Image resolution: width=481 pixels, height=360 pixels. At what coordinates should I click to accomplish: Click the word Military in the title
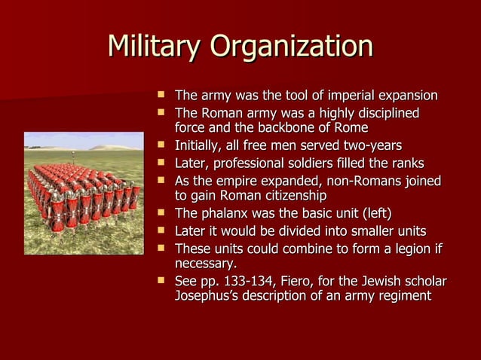[154, 47]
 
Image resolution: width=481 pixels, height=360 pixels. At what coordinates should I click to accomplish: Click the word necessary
[205, 264]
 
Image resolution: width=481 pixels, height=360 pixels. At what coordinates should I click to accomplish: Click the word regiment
[403, 296]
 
